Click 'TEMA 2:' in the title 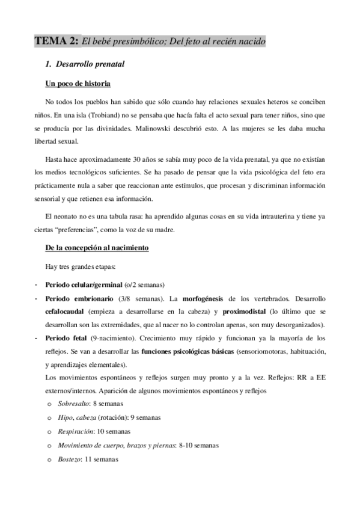point(56,41)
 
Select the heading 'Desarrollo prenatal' point(89,63)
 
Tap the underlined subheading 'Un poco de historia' point(78,83)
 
